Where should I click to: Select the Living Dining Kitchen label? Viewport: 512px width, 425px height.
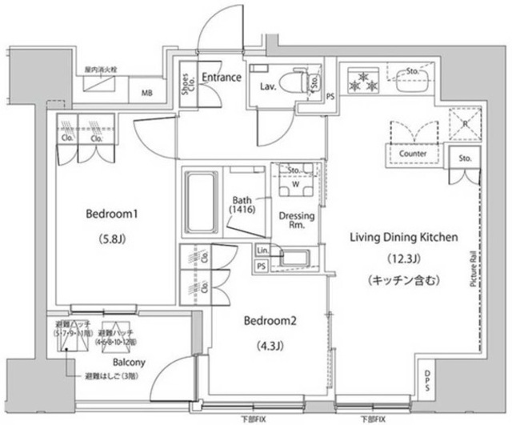403,238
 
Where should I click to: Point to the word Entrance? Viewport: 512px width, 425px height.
221,78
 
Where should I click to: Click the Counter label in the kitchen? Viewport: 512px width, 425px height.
412,154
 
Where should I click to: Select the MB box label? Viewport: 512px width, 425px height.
146,93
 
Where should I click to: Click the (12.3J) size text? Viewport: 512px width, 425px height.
403,259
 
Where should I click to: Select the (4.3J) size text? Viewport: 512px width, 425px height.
270,346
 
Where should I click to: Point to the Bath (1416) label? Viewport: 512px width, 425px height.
242,204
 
